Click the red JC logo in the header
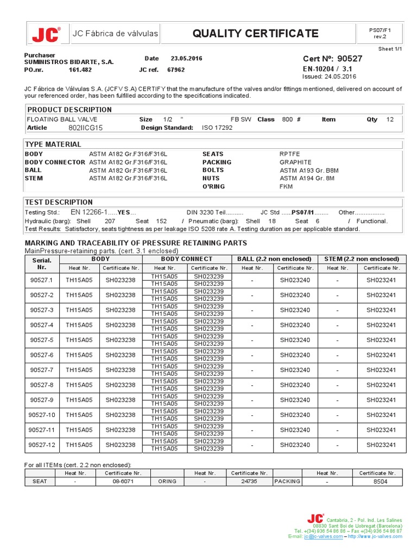pyautogui.click(x=46, y=35)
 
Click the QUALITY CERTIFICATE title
pyautogui.click(x=255, y=34)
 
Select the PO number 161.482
pyautogui.click(x=80, y=69)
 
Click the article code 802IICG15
pyautogui.click(x=85, y=128)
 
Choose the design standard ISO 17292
pyautogui.click(x=217, y=128)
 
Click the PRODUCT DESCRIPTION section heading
pyautogui.click(x=69, y=110)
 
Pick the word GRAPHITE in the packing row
pyautogui.click(x=295, y=162)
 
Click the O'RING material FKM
pyautogui.click(x=286, y=186)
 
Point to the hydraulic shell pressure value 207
pyautogui.click(x=110, y=221)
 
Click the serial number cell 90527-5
pyautogui.click(x=42, y=340)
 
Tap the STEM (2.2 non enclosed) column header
pyautogui.click(x=362, y=259)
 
